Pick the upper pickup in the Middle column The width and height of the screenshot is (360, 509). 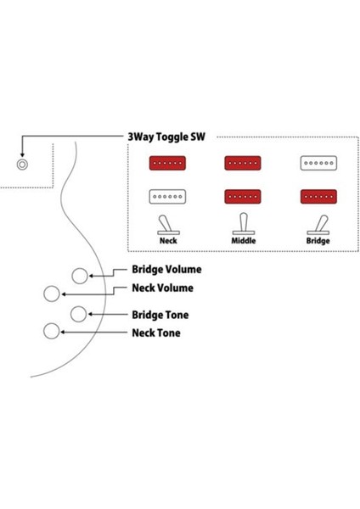coord(242,163)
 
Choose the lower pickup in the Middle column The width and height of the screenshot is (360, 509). coord(242,197)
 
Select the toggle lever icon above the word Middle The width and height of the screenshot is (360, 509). coord(242,225)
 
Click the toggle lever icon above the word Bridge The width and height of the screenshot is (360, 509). coord(318,225)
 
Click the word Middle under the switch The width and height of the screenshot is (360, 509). coord(242,241)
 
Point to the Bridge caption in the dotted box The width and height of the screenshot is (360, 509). coord(318,241)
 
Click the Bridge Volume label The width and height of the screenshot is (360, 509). coord(167,270)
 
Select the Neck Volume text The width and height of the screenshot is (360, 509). coord(162,288)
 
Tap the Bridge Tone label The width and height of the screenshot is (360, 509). coord(160,315)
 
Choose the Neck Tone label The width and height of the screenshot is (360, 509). coord(155,333)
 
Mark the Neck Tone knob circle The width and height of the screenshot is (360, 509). coord(53,331)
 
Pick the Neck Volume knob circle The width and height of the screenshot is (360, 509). coord(52,294)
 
